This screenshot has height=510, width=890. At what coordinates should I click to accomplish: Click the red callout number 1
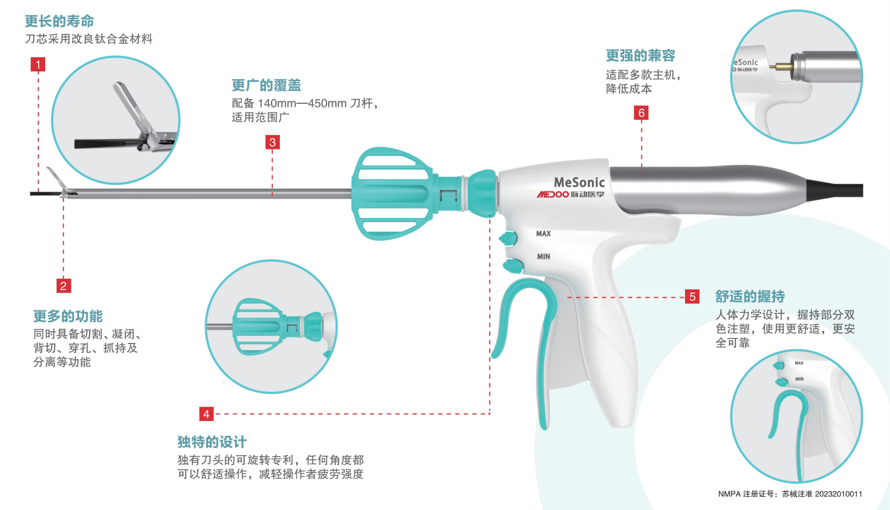point(38,65)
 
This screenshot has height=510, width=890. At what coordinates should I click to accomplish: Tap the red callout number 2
point(63,286)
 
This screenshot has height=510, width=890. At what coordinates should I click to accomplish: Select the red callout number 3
point(272,142)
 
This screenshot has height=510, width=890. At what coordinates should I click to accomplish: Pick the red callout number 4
point(206,414)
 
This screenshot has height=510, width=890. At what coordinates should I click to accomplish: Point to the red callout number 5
point(692,297)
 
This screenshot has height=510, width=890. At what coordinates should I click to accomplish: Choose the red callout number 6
point(641,113)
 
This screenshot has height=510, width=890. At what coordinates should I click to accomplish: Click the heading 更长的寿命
point(59,21)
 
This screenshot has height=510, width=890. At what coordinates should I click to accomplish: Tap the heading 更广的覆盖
point(266,85)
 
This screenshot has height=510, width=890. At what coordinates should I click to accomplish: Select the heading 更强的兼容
point(640,56)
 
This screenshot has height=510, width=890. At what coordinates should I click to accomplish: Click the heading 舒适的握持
point(750,297)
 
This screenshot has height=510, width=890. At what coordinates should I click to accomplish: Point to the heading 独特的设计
point(212,442)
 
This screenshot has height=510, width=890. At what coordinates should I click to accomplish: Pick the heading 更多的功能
point(68,316)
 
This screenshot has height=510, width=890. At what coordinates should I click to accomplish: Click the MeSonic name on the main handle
point(579,182)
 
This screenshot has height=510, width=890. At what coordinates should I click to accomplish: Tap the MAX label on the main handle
point(543,234)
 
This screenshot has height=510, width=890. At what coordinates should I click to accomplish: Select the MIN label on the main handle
point(543,257)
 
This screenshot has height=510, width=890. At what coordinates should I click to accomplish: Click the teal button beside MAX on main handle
point(508,239)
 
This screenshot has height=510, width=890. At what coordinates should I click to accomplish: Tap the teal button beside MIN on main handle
point(513,267)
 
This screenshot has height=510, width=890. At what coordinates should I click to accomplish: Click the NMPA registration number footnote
point(790,494)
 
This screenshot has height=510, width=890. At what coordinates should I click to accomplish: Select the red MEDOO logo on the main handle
point(552,195)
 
